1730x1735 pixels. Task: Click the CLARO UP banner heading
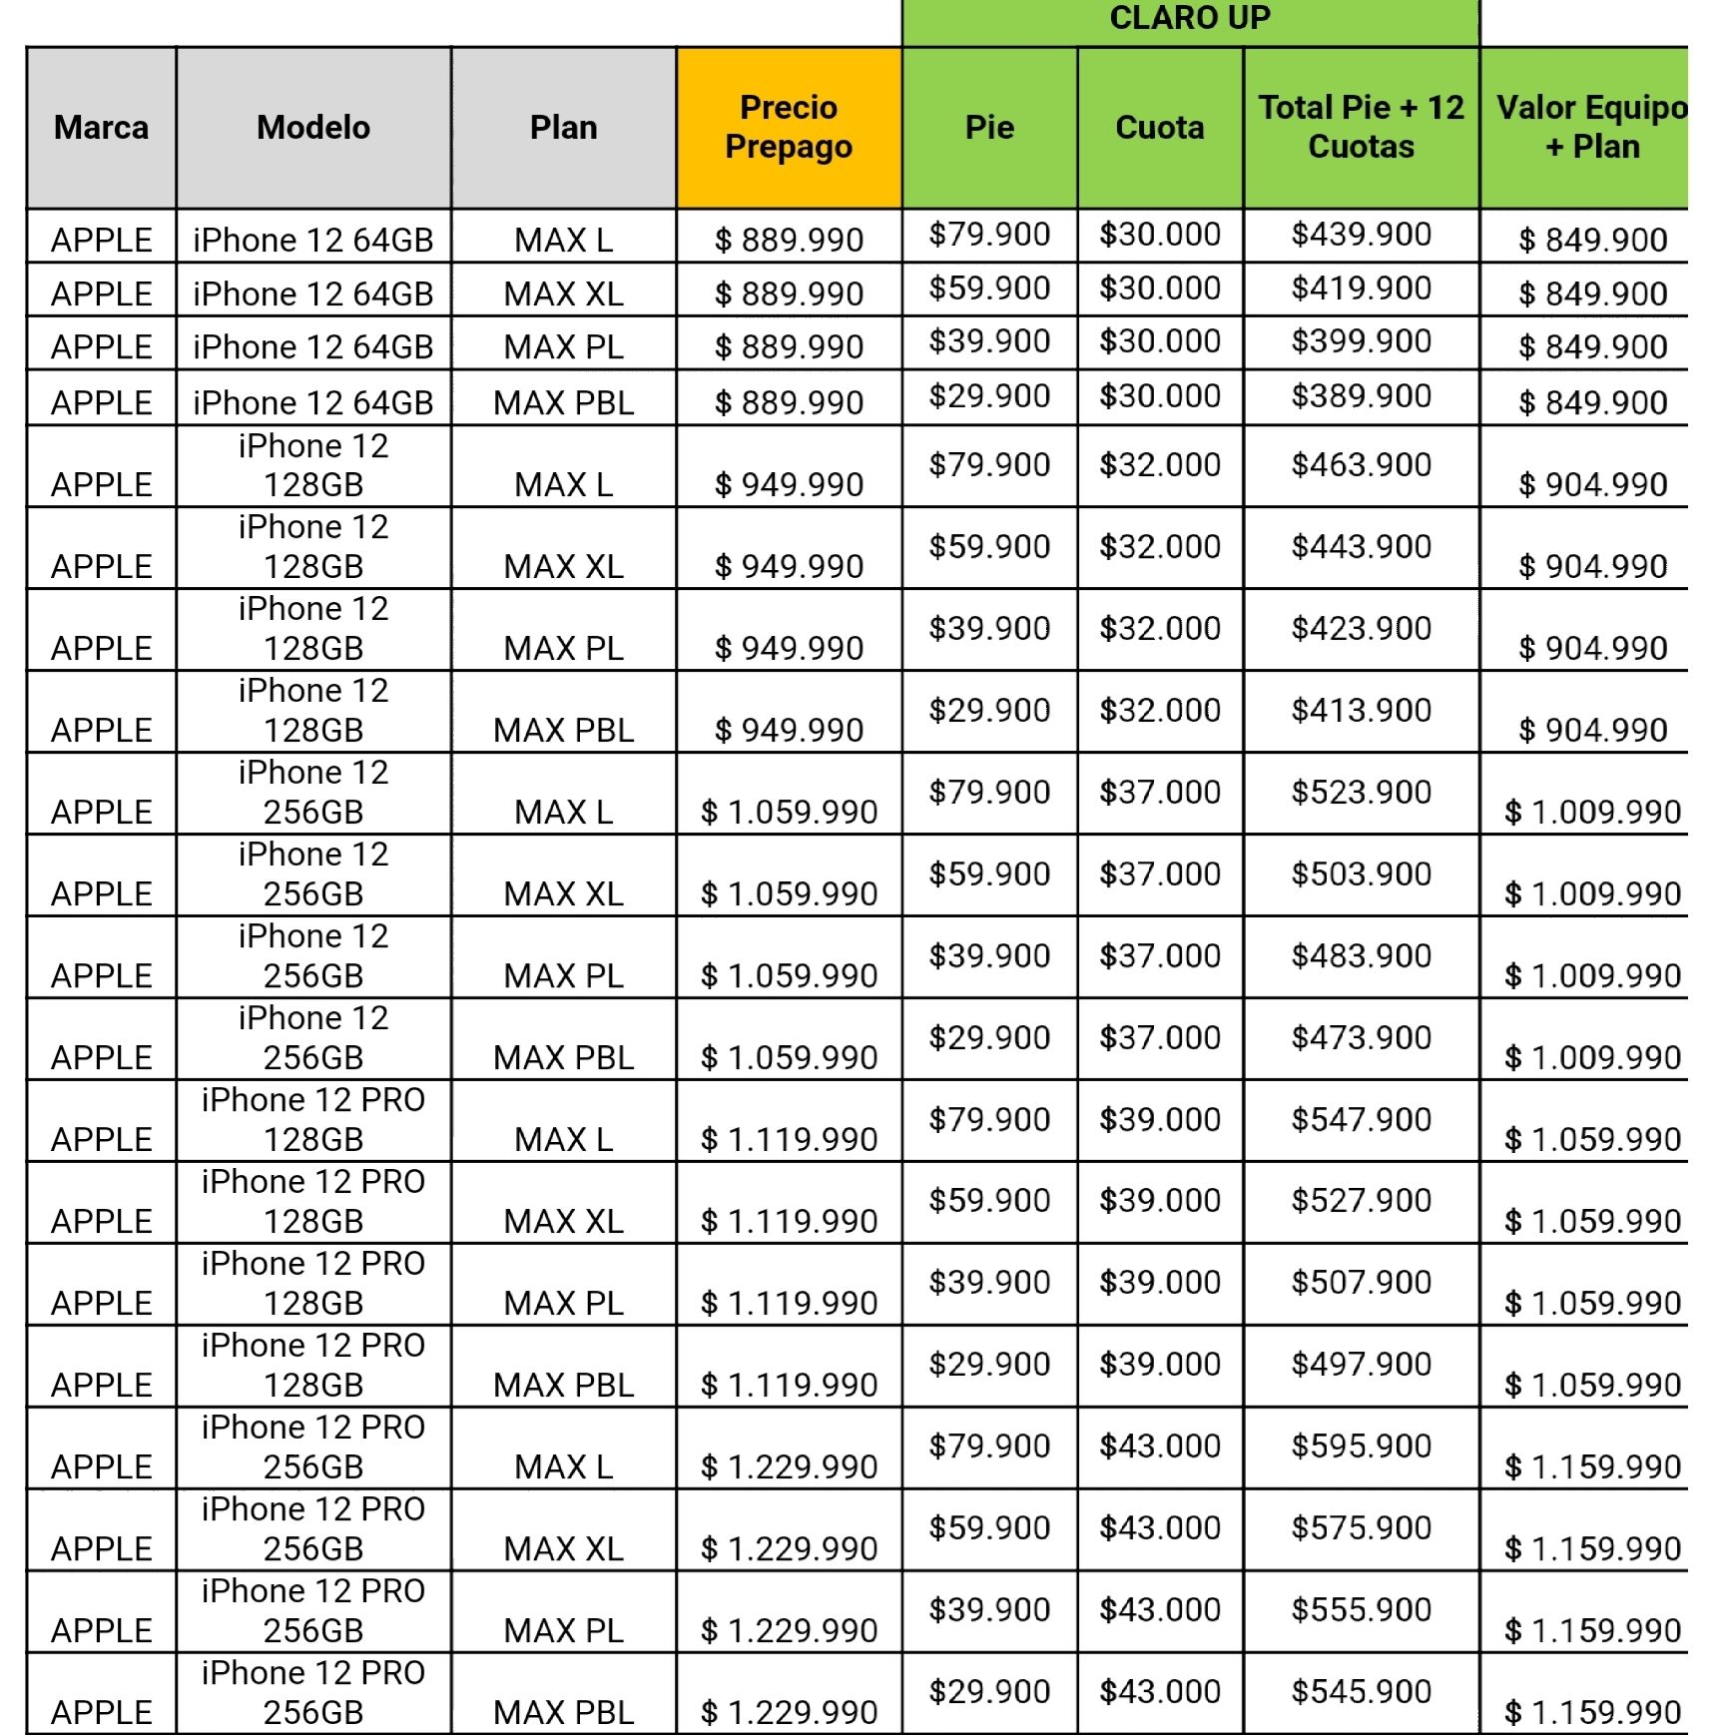click(x=1190, y=18)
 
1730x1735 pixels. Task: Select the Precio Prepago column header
click(x=789, y=127)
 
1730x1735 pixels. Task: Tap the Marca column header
click(x=101, y=127)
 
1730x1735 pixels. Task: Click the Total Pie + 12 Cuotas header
click(x=1361, y=127)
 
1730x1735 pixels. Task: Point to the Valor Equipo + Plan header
click(x=1591, y=127)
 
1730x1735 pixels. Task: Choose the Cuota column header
click(x=1159, y=127)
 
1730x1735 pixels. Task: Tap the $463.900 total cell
click(x=1361, y=464)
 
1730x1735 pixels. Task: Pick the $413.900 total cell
click(x=1361, y=710)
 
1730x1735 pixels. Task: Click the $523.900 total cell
click(x=1361, y=792)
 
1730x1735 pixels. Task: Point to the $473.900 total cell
click(x=1361, y=1037)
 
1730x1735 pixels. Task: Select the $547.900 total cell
click(x=1361, y=1119)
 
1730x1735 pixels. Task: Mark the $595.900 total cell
click(x=1361, y=1446)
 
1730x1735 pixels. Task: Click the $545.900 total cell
click(x=1361, y=1691)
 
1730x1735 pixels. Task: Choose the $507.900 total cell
click(x=1361, y=1282)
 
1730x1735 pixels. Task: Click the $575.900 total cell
click(x=1361, y=1527)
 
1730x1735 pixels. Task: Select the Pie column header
click(x=989, y=127)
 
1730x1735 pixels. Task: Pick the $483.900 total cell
click(x=1361, y=955)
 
